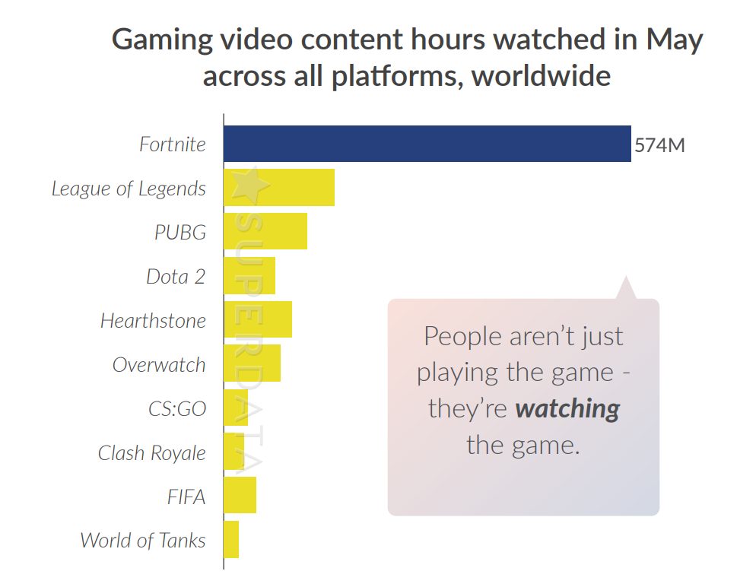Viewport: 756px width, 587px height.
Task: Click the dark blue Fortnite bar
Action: pos(427,144)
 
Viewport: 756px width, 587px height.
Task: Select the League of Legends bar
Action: pos(279,188)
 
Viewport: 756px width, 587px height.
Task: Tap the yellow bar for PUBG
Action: pos(265,231)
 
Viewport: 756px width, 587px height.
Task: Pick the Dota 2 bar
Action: pos(249,275)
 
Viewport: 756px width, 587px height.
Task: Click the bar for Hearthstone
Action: pos(258,319)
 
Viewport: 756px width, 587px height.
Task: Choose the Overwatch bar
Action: pos(253,363)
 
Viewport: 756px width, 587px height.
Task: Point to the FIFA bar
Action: pos(240,495)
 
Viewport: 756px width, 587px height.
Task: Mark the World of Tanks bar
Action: pos(231,539)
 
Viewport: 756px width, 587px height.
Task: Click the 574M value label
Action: pos(659,144)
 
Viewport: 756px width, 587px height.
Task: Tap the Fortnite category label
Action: pos(172,144)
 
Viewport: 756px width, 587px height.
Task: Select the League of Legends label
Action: pos(129,189)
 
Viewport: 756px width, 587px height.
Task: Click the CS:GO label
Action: pos(176,408)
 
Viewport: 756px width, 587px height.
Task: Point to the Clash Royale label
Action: pos(151,452)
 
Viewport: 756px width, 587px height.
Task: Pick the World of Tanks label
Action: pos(143,541)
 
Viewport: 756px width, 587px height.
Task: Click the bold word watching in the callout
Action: pos(567,409)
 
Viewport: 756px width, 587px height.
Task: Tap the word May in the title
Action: pos(675,40)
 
